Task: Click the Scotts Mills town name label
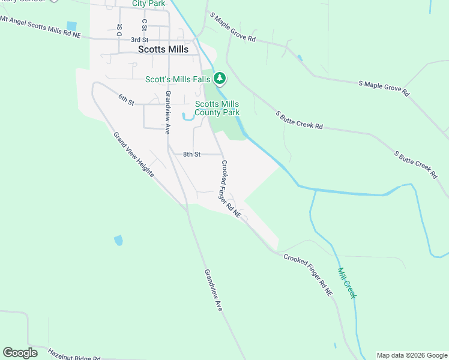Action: click(x=163, y=50)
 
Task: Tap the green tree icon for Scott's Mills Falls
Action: click(x=220, y=78)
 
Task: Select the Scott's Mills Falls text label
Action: click(x=178, y=79)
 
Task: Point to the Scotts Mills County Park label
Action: click(x=217, y=108)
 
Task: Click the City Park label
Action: click(x=148, y=4)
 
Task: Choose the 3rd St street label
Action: click(x=139, y=40)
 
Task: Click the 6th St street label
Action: click(x=125, y=98)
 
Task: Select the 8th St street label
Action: click(x=191, y=154)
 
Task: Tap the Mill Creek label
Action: click(x=347, y=283)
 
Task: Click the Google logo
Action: click(x=20, y=353)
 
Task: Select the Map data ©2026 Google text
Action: click(x=412, y=355)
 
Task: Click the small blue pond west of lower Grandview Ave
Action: click(x=118, y=241)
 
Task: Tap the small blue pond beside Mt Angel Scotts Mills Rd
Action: click(x=72, y=26)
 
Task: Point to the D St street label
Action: click(x=120, y=29)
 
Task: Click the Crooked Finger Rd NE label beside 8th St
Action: click(x=231, y=188)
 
